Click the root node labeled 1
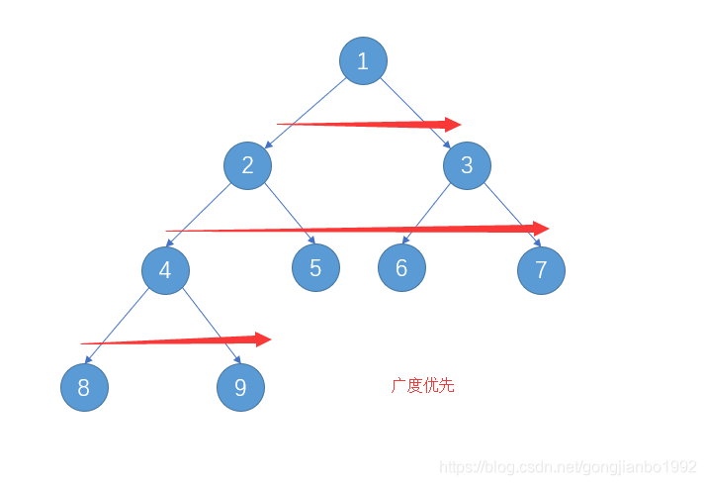[x=363, y=61]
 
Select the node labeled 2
[x=247, y=165]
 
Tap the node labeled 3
[x=467, y=165]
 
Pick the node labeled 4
[x=165, y=270]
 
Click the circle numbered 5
[x=315, y=267]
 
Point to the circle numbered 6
[x=401, y=267]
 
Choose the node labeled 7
[x=541, y=270]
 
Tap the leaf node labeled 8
[x=84, y=388]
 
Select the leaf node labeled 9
[x=241, y=387]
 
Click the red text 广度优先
[x=422, y=386]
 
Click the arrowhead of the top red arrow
[x=453, y=125]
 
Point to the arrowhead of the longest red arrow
[x=540, y=228]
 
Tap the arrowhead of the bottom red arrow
[x=262, y=339]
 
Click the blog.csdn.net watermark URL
[x=568, y=466]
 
